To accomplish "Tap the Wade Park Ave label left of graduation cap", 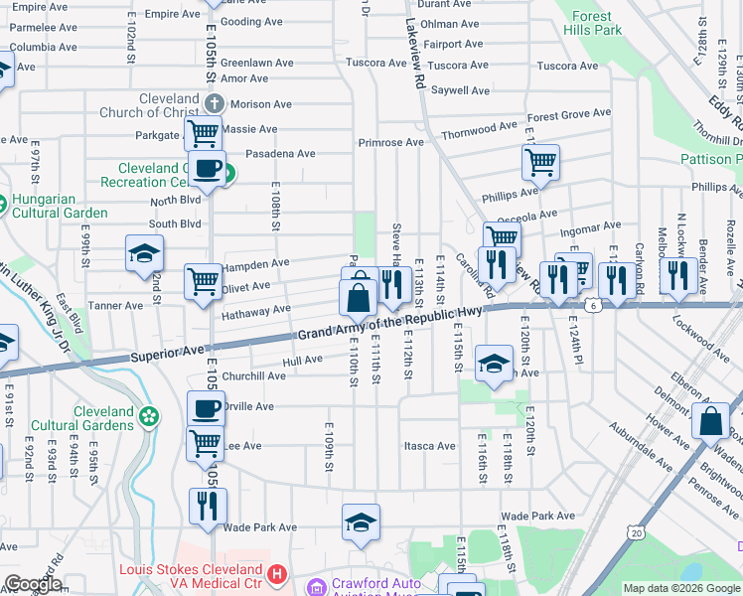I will [x=260, y=527].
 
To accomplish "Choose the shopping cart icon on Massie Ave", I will [x=205, y=131].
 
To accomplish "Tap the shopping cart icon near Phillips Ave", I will [x=540, y=161].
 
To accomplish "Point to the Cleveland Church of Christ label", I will [x=149, y=105].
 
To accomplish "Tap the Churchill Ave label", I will [x=253, y=376].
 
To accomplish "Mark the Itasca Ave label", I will [x=429, y=446].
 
